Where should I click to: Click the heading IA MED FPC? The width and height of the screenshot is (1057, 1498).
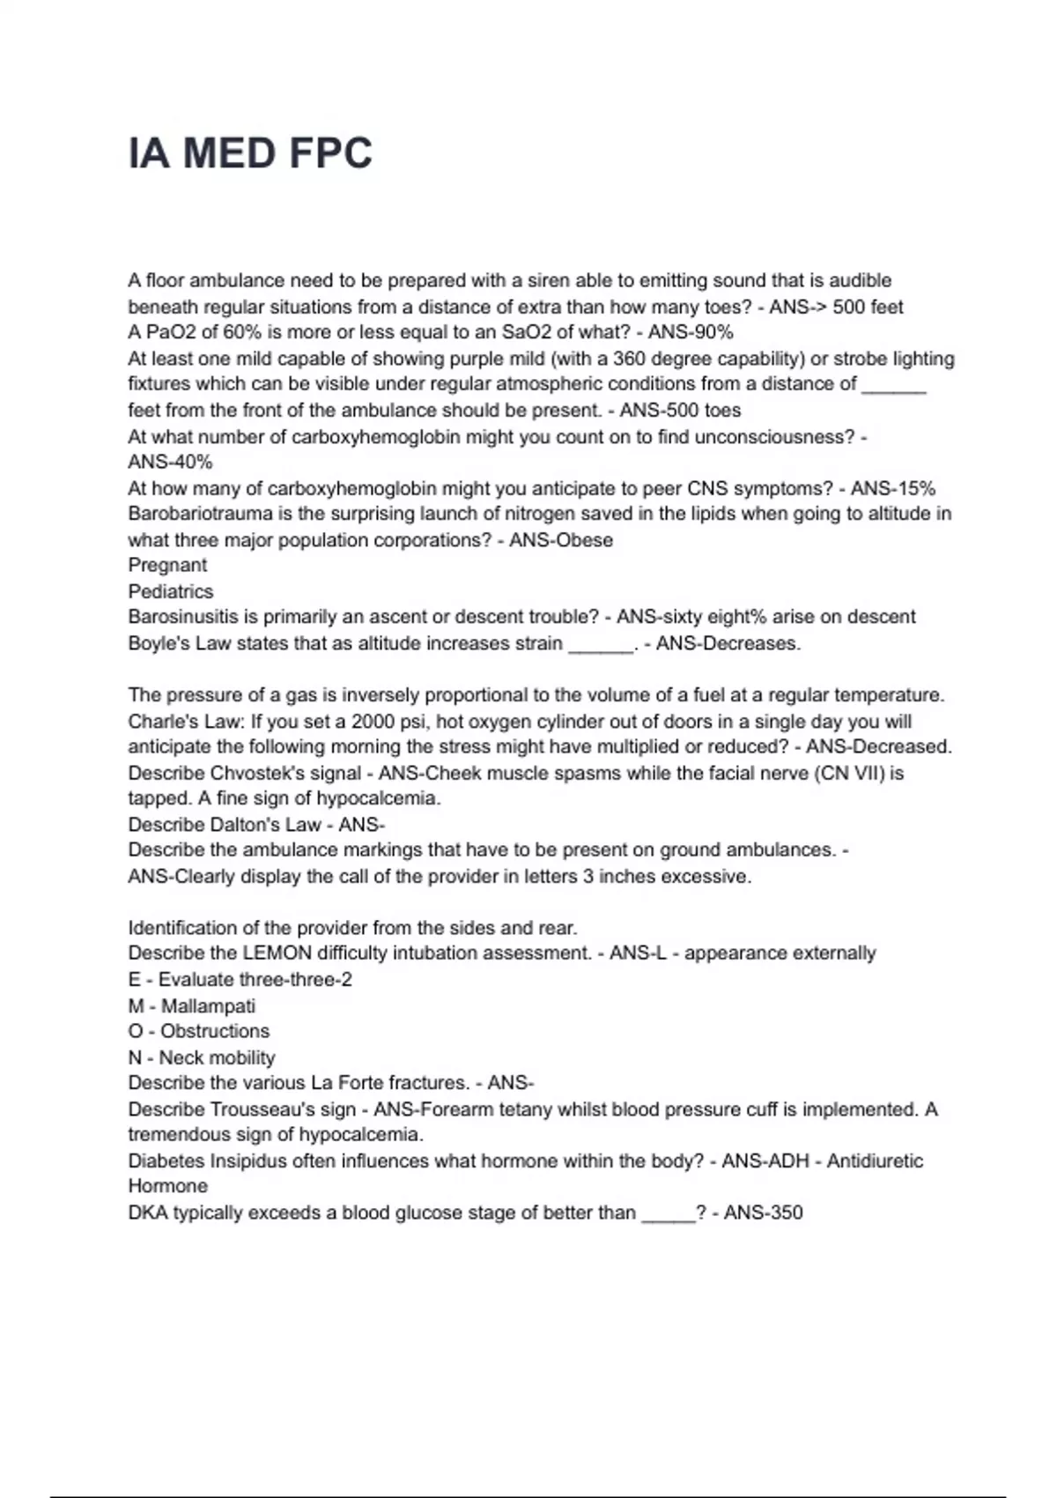(x=250, y=153)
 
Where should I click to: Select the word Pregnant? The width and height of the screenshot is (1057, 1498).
(x=167, y=565)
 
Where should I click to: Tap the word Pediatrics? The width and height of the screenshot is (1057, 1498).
(x=171, y=591)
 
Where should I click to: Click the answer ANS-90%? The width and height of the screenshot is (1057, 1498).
(x=691, y=332)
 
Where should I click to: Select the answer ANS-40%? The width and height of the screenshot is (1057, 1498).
(x=170, y=462)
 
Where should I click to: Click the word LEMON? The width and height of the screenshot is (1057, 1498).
(x=277, y=953)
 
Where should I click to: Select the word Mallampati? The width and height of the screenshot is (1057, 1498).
(x=208, y=1005)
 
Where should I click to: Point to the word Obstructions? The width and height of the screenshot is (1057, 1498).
(x=215, y=1031)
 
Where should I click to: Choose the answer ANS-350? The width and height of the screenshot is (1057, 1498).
(x=763, y=1212)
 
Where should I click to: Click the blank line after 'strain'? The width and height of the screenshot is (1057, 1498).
(x=601, y=645)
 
